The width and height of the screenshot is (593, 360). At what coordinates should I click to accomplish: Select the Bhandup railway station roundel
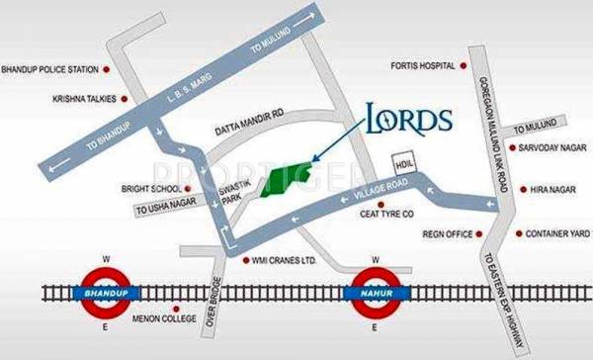(107, 293)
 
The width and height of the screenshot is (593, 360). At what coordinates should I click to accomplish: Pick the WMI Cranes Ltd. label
(285, 261)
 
